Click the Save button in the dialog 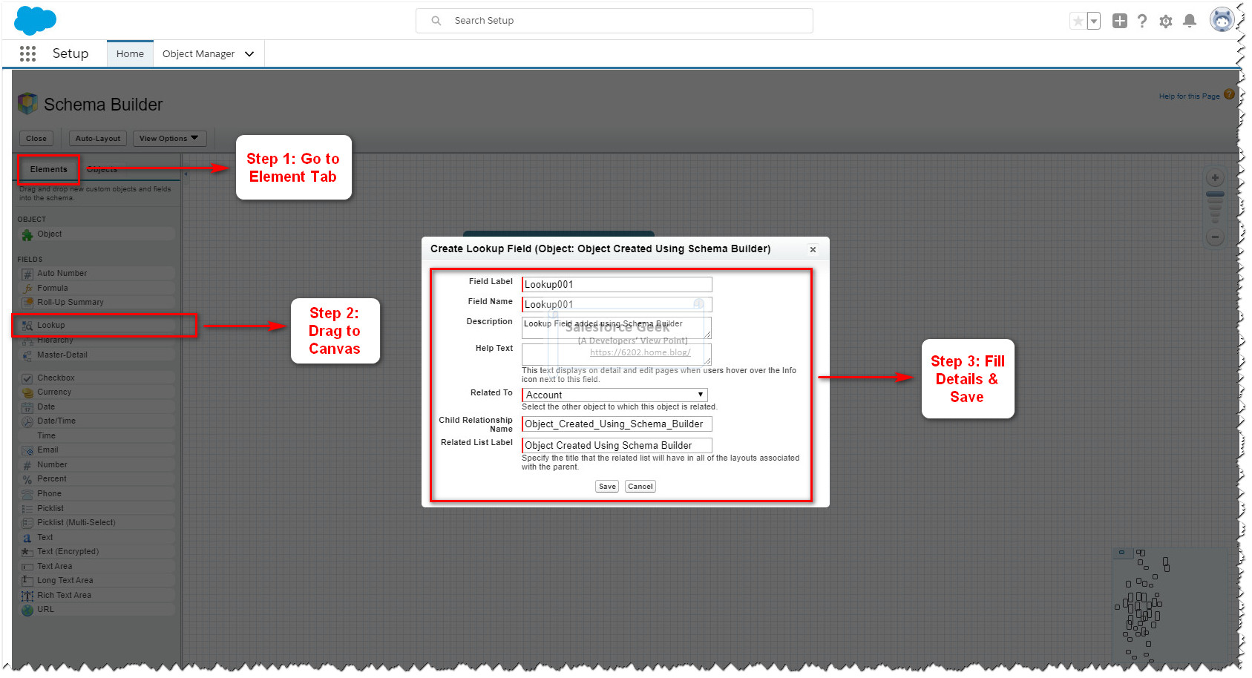click(607, 487)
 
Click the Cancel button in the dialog click(640, 487)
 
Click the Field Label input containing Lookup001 click(617, 284)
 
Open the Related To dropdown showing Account click(614, 395)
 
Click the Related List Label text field click(617, 445)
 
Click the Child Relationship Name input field click(617, 424)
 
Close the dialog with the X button click(813, 249)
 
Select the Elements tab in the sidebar click(48, 169)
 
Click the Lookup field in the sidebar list click(51, 325)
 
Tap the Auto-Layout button click(97, 139)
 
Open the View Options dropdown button click(168, 139)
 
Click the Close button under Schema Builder click(36, 139)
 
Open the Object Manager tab click(198, 54)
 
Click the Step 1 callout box click(293, 168)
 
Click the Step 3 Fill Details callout click(967, 379)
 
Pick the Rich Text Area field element click(64, 595)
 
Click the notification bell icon click(1190, 21)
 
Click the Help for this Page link click(1189, 96)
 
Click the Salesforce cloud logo click(34, 20)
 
